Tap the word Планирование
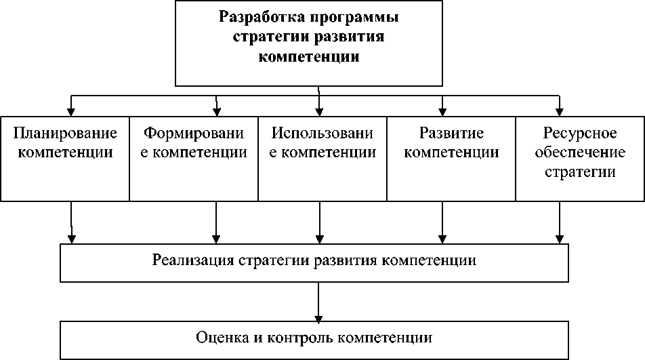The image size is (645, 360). click(65, 133)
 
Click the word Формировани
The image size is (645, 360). click(194, 133)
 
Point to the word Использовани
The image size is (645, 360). click(322, 133)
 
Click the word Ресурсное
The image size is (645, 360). click(580, 133)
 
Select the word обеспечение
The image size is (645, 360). click(580, 153)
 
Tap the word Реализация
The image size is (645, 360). click(194, 261)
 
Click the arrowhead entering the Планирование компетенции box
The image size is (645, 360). click(71, 112)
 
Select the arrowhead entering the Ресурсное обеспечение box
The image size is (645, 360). click(560, 112)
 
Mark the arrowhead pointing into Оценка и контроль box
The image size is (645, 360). click(318, 316)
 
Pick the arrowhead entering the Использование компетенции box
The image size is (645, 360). click(319, 112)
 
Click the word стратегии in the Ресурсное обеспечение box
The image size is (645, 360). click(580, 172)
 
